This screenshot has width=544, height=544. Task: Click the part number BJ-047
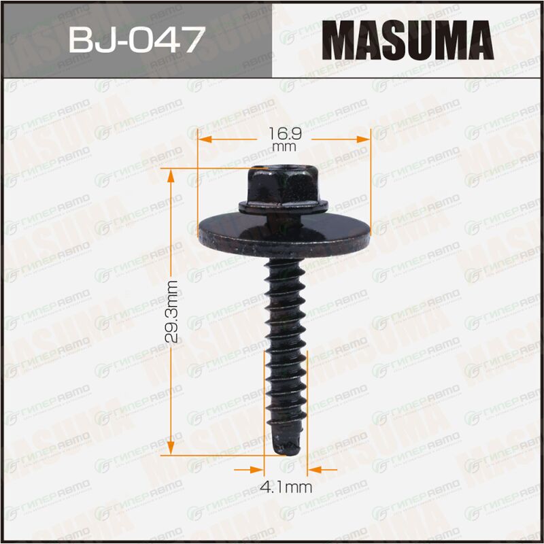pyautogui.click(x=137, y=39)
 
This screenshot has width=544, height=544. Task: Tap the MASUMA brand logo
pyautogui.click(x=407, y=40)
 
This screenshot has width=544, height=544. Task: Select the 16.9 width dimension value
pyautogui.click(x=285, y=133)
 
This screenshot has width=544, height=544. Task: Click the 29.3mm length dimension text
pyautogui.click(x=171, y=311)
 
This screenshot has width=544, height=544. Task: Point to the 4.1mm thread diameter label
pyautogui.click(x=286, y=488)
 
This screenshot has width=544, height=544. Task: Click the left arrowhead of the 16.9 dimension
pyautogui.click(x=205, y=139)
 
